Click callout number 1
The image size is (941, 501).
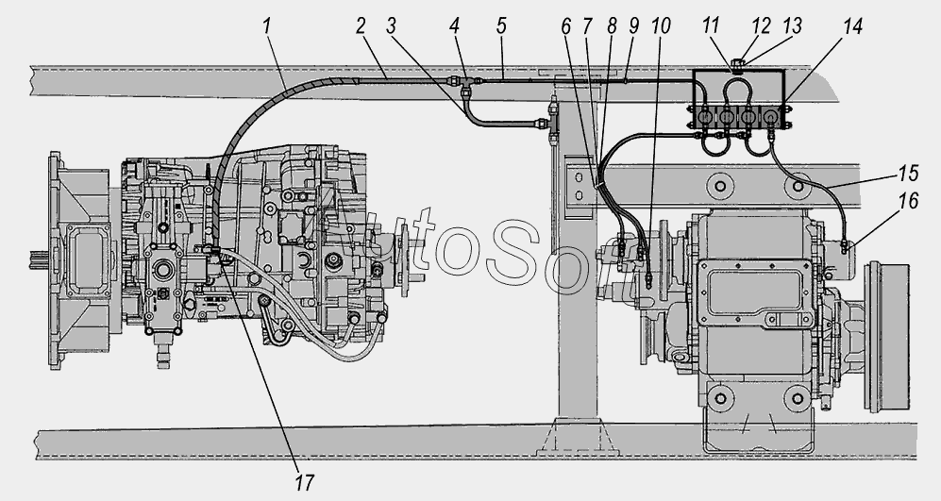266,26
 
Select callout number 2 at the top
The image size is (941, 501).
361,26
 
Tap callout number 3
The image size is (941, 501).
392,26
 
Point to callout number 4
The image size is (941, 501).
454,26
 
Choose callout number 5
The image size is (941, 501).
501,26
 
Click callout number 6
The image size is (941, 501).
566,26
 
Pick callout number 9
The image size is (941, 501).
633,26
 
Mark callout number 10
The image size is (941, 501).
660,26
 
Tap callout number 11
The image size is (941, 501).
711,26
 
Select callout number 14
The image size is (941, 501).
851,26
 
